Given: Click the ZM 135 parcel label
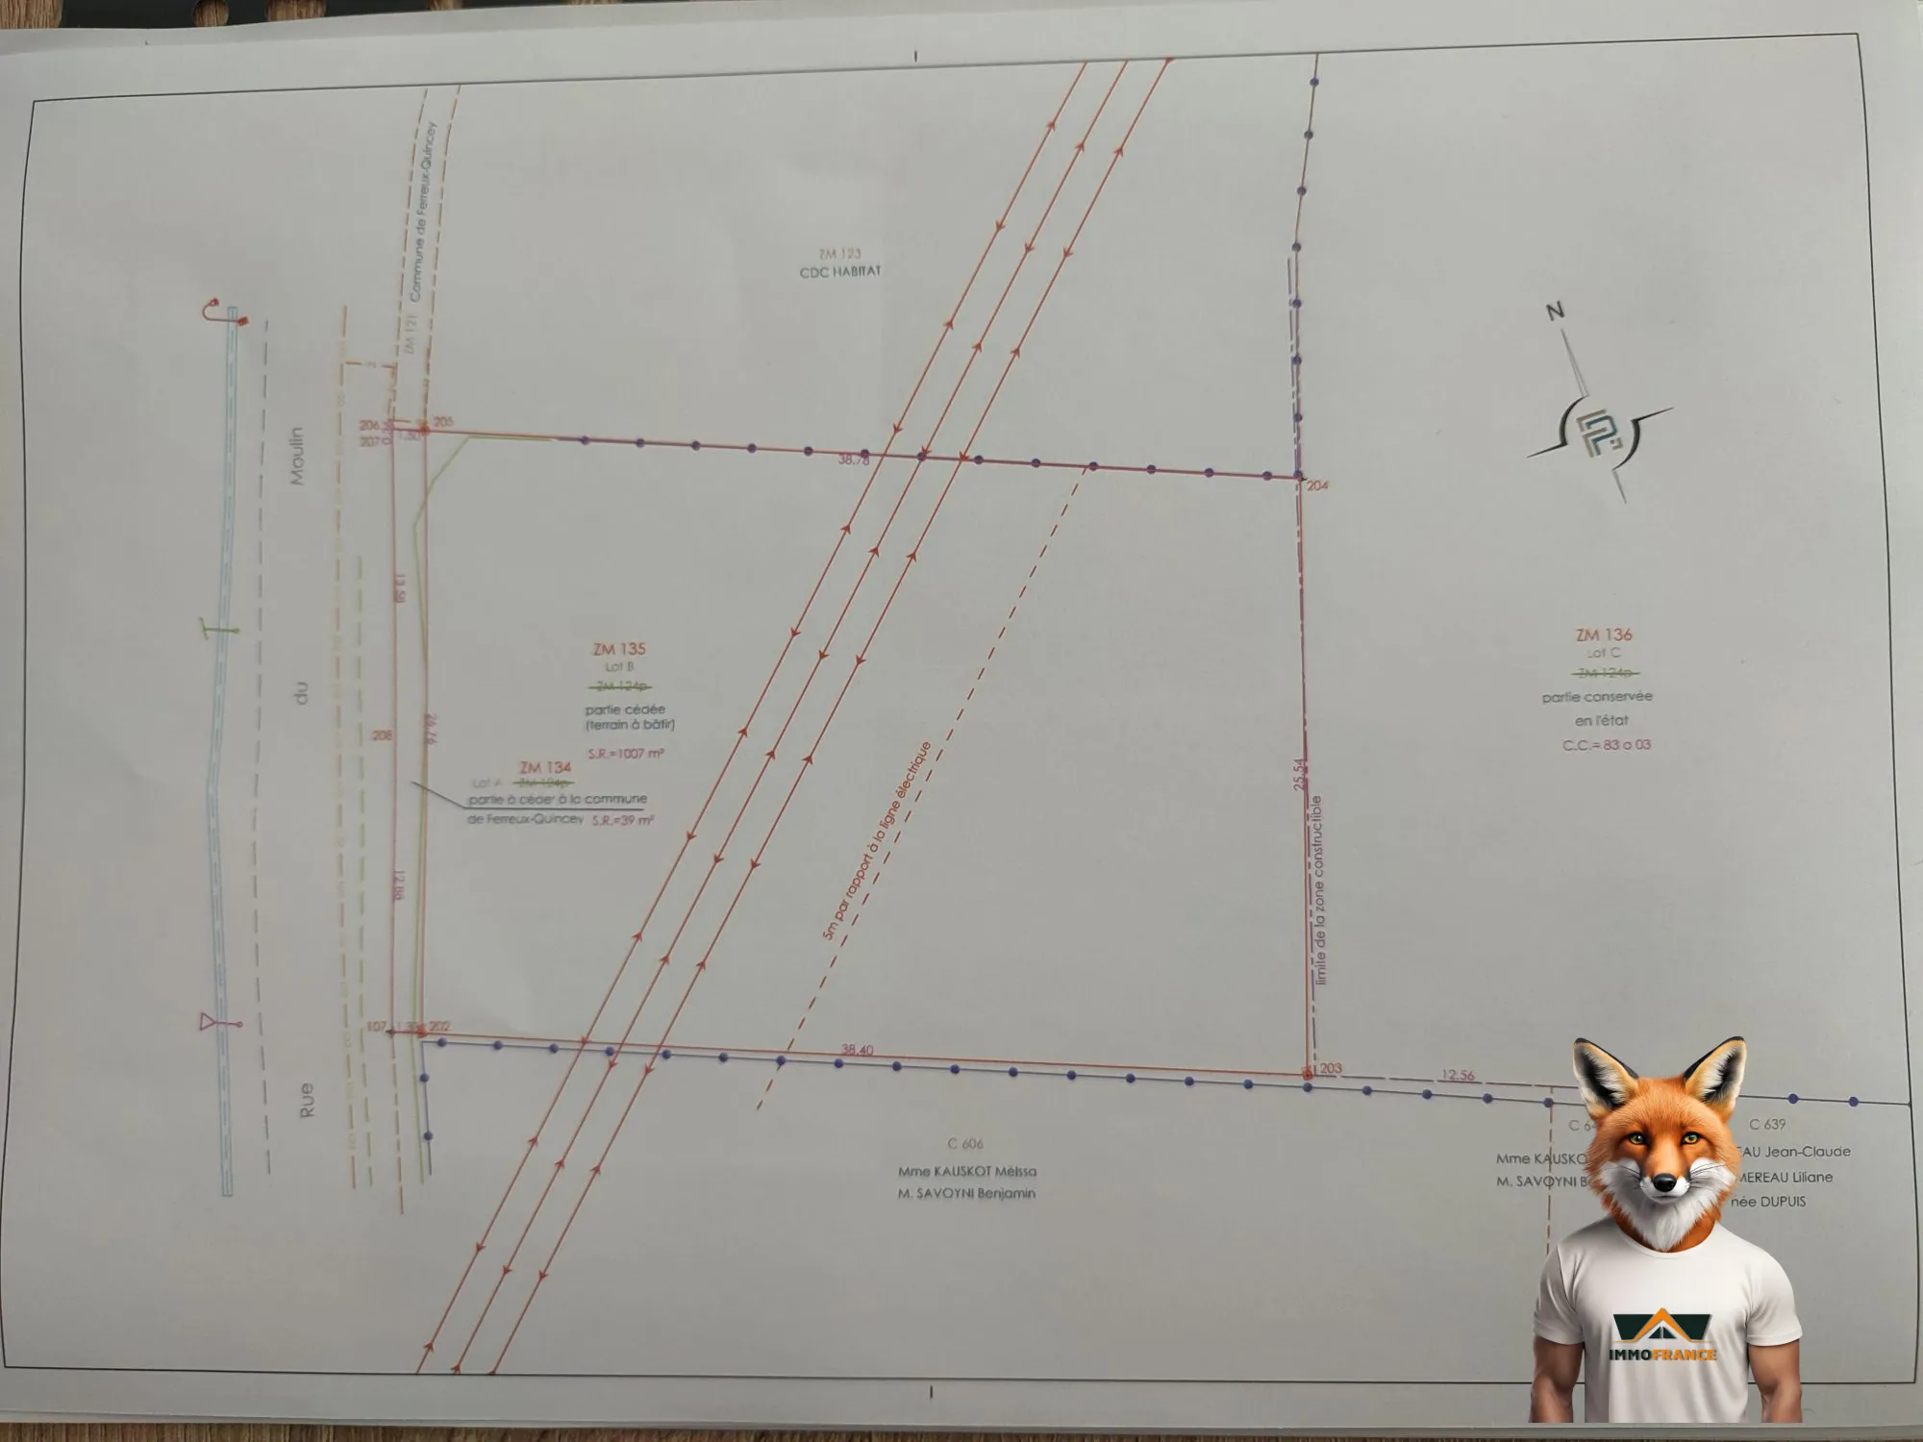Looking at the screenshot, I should (x=619, y=649).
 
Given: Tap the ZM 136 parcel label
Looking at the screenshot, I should (x=1604, y=634).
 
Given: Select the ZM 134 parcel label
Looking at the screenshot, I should (x=545, y=767).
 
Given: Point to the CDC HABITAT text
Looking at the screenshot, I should (x=839, y=272).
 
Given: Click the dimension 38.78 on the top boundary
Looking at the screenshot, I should (x=853, y=460).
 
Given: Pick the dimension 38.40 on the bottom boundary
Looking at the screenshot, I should (x=857, y=1050).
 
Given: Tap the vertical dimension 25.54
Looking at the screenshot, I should (x=1300, y=774).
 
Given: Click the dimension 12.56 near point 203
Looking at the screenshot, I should (x=1458, y=1075).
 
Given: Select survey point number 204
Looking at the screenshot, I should (x=1317, y=485).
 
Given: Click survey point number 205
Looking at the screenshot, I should (x=443, y=421).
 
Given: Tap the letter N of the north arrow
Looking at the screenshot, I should (x=1555, y=311).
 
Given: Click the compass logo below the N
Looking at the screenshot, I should (x=1599, y=435).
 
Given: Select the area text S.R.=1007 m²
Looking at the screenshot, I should (x=626, y=754).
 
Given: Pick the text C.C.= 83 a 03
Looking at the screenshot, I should (x=1607, y=745).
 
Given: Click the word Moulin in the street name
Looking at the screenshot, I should (x=297, y=456).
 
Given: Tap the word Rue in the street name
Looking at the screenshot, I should (x=306, y=1100).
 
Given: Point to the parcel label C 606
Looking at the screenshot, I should (x=965, y=1143).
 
